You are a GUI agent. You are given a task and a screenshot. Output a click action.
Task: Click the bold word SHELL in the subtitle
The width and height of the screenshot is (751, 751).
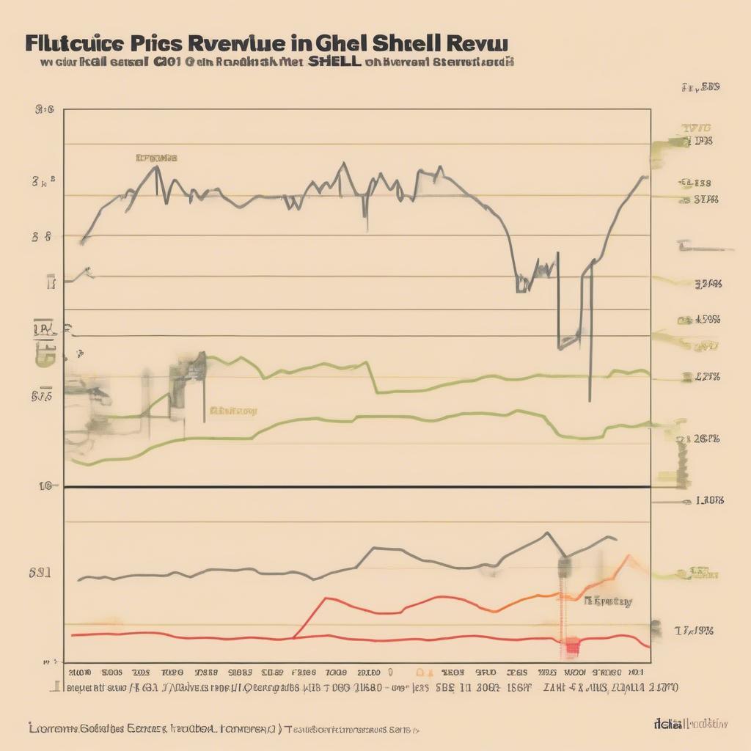tap(334, 62)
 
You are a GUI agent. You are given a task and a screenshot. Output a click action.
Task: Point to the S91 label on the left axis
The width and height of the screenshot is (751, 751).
tap(40, 573)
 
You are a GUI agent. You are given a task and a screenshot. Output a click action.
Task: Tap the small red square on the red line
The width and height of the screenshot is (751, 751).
tap(571, 645)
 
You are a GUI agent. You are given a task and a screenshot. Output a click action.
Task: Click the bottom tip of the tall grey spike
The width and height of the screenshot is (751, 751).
tap(590, 400)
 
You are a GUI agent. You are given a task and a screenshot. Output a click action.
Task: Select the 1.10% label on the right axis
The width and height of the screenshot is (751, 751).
tap(708, 501)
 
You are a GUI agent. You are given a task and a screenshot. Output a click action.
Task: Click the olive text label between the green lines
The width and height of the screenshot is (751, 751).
tap(233, 411)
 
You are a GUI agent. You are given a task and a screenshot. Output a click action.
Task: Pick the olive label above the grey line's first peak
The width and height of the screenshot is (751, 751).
tap(156, 158)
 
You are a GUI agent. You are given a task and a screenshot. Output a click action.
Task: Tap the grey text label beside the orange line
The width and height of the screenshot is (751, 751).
tap(608, 601)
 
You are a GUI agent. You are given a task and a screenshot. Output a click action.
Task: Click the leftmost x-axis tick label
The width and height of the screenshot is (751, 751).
tap(79, 672)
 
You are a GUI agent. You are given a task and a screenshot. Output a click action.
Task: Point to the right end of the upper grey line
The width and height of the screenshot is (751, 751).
tap(645, 177)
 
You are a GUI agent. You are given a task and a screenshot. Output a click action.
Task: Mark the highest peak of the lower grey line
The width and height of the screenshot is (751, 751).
tap(546, 533)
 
